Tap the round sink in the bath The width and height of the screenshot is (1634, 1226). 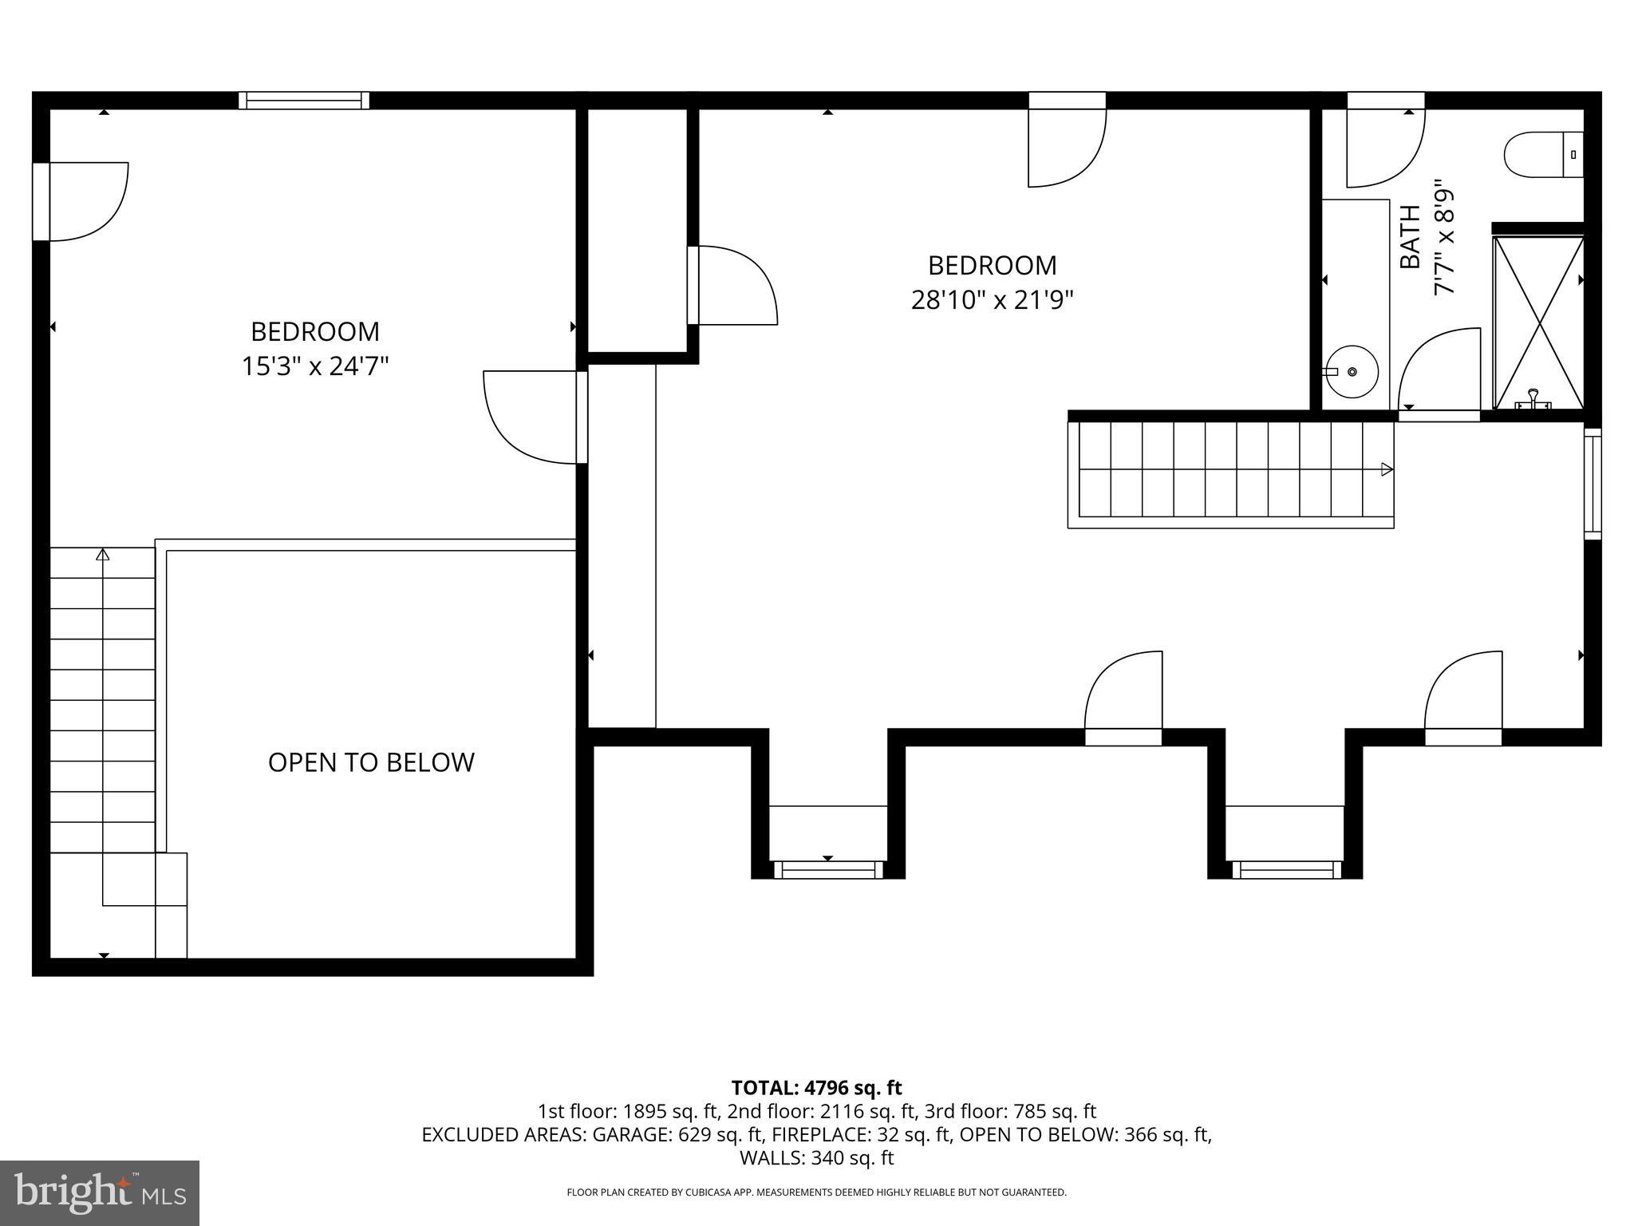point(1352,372)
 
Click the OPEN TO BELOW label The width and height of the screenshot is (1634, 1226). point(371,762)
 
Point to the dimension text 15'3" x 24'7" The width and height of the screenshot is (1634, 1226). point(315,366)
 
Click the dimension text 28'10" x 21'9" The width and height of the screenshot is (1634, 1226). point(992,300)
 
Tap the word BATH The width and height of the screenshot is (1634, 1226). point(1410,237)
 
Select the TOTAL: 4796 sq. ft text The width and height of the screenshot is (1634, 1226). point(816,1088)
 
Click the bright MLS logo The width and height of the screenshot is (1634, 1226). point(100,1193)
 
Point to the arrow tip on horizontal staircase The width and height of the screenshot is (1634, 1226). point(1387,469)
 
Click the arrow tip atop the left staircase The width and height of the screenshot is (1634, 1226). point(102,554)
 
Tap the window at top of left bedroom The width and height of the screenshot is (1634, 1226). point(304,101)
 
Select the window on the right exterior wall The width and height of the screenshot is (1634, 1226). point(1592,484)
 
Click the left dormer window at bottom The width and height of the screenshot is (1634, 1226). point(828,870)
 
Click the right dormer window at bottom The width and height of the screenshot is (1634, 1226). point(1285,870)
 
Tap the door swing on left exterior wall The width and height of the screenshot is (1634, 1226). point(84,201)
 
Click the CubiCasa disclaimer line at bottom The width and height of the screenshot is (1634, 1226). point(816,1192)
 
